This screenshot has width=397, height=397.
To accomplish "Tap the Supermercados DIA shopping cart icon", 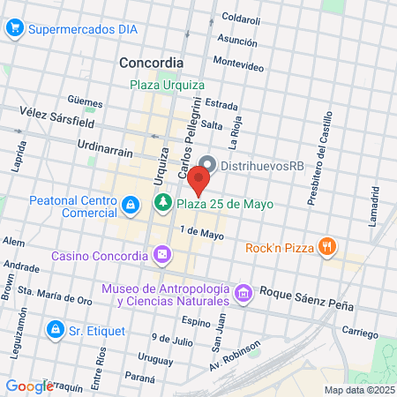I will click(x=14, y=29).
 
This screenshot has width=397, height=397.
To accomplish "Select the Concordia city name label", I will click(x=151, y=63).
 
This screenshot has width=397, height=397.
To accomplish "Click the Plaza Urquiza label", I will click(x=168, y=85).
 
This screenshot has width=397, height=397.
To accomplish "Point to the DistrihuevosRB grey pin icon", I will click(x=209, y=164).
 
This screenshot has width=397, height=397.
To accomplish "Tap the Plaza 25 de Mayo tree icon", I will click(x=162, y=205).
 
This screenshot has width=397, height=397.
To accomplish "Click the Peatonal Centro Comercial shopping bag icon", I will click(x=131, y=206).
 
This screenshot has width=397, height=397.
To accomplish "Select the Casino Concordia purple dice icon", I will click(x=161, y=256).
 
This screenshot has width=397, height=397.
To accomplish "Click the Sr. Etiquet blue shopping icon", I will click(x=56, y=329).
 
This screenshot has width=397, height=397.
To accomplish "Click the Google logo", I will click(x=29, y=386).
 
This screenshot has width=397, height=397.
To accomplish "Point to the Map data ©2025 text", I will click(x=356, y=389).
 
